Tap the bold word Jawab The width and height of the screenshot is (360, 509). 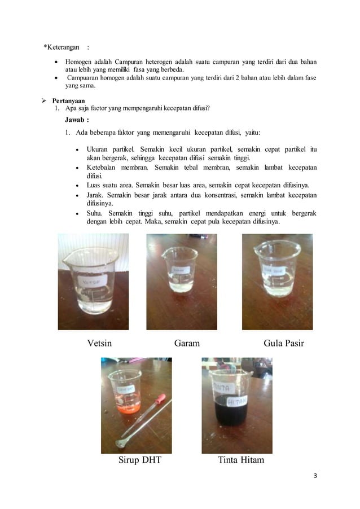tap(75, 120)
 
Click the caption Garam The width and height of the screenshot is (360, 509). tap(187, 343)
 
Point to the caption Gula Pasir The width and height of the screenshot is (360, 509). tap(284, 343)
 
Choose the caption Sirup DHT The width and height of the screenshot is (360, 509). tap(139, 460)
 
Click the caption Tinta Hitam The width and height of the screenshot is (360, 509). tap(241, 460)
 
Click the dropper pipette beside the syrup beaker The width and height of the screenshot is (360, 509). tap(147, 420)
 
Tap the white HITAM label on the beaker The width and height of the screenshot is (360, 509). tap(238, 402)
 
